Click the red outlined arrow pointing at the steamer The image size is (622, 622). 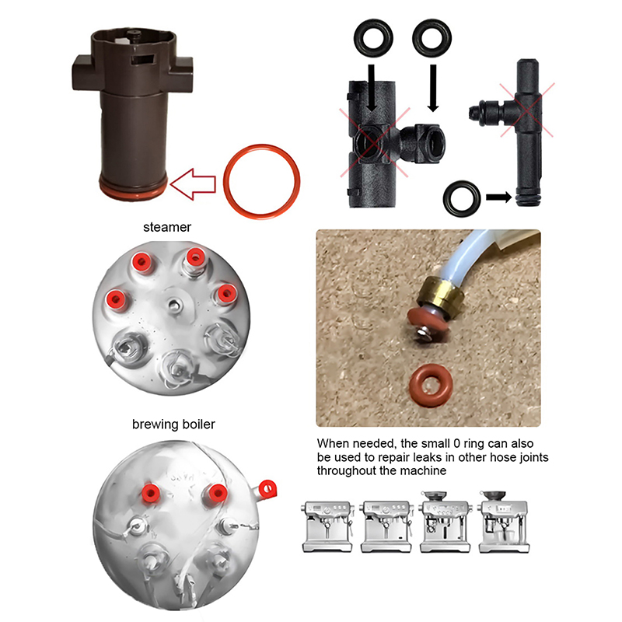(193, 184)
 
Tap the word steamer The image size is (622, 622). (167, 227)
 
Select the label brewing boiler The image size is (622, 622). (173, 424)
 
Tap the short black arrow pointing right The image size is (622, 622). (498, 197)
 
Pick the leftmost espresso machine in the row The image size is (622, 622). (327, 526)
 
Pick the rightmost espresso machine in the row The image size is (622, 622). (504, 522)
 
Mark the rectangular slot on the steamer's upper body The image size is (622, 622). (142, 59)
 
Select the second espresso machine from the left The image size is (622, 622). (386, 526)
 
